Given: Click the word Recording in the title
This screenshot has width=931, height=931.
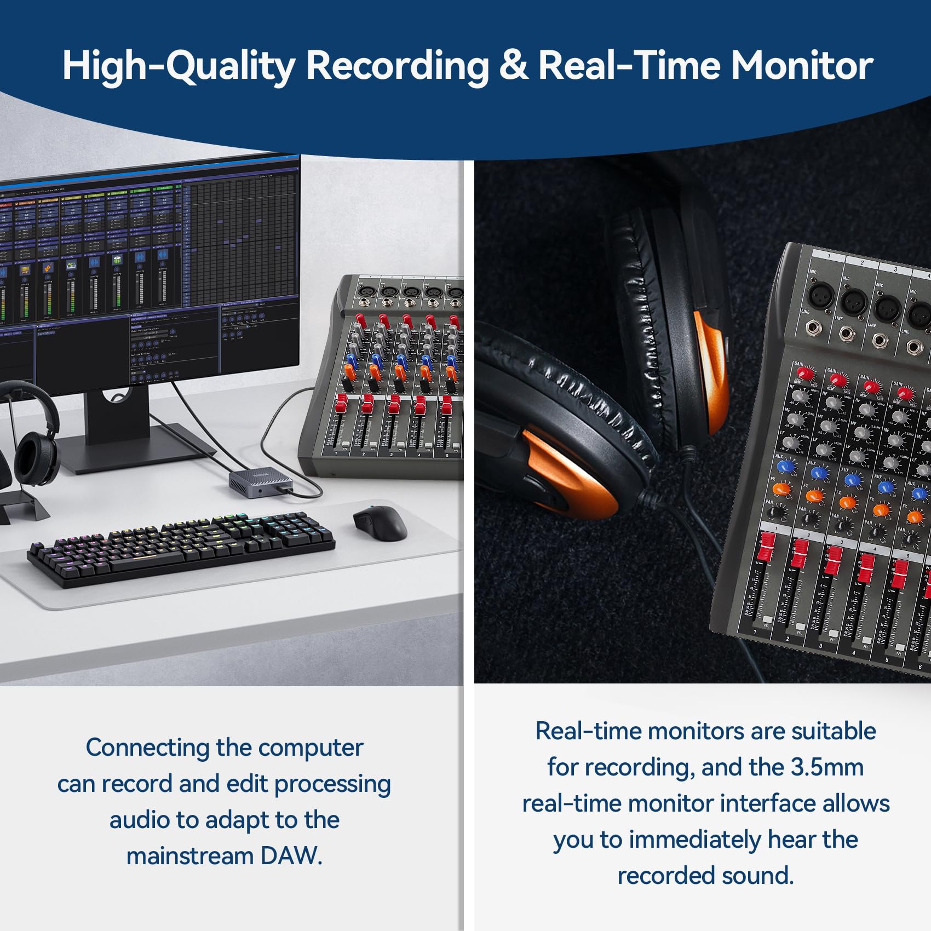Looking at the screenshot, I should (397, 66).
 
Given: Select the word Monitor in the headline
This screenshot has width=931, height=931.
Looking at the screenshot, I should (802, 66).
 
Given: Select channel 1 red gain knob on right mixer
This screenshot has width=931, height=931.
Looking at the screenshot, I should (805, 373).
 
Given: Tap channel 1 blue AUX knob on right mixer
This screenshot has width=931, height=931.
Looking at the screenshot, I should (786, 467).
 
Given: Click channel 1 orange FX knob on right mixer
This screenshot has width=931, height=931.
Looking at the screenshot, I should (781, 489).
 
